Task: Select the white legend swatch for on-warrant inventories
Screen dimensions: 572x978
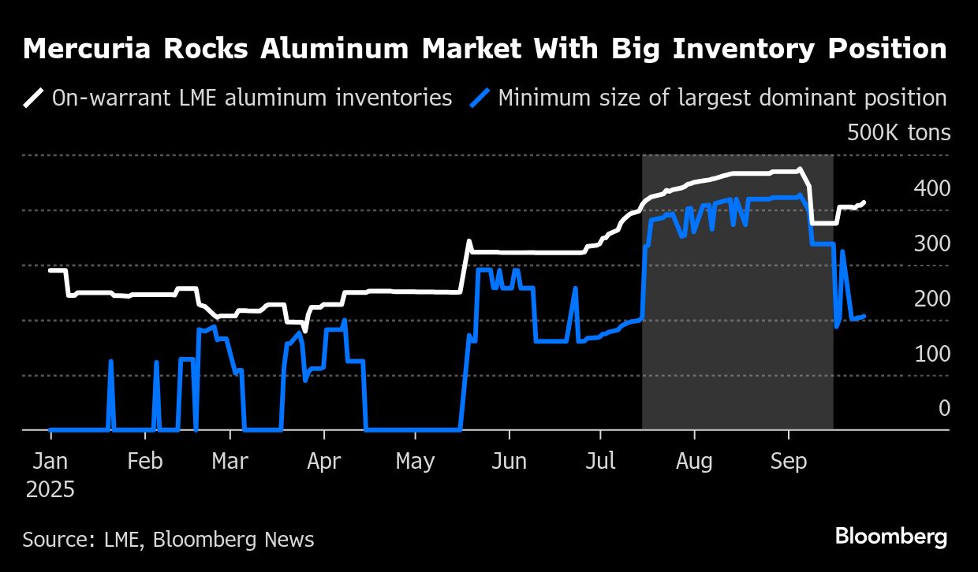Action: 34,98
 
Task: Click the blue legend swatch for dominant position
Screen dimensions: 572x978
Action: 480,98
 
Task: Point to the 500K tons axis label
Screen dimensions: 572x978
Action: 898,132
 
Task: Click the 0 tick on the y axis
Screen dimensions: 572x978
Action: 944,408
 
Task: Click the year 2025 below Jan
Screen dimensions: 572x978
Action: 50,489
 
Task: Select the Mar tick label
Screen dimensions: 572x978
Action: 230,461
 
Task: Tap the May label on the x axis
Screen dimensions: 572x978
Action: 415,461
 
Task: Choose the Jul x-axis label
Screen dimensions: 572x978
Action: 601,461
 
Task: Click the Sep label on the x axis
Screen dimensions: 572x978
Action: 788,461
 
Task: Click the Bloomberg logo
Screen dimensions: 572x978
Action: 891,537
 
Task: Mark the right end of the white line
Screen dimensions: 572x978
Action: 864,202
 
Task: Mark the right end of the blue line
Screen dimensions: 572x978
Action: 864,316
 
